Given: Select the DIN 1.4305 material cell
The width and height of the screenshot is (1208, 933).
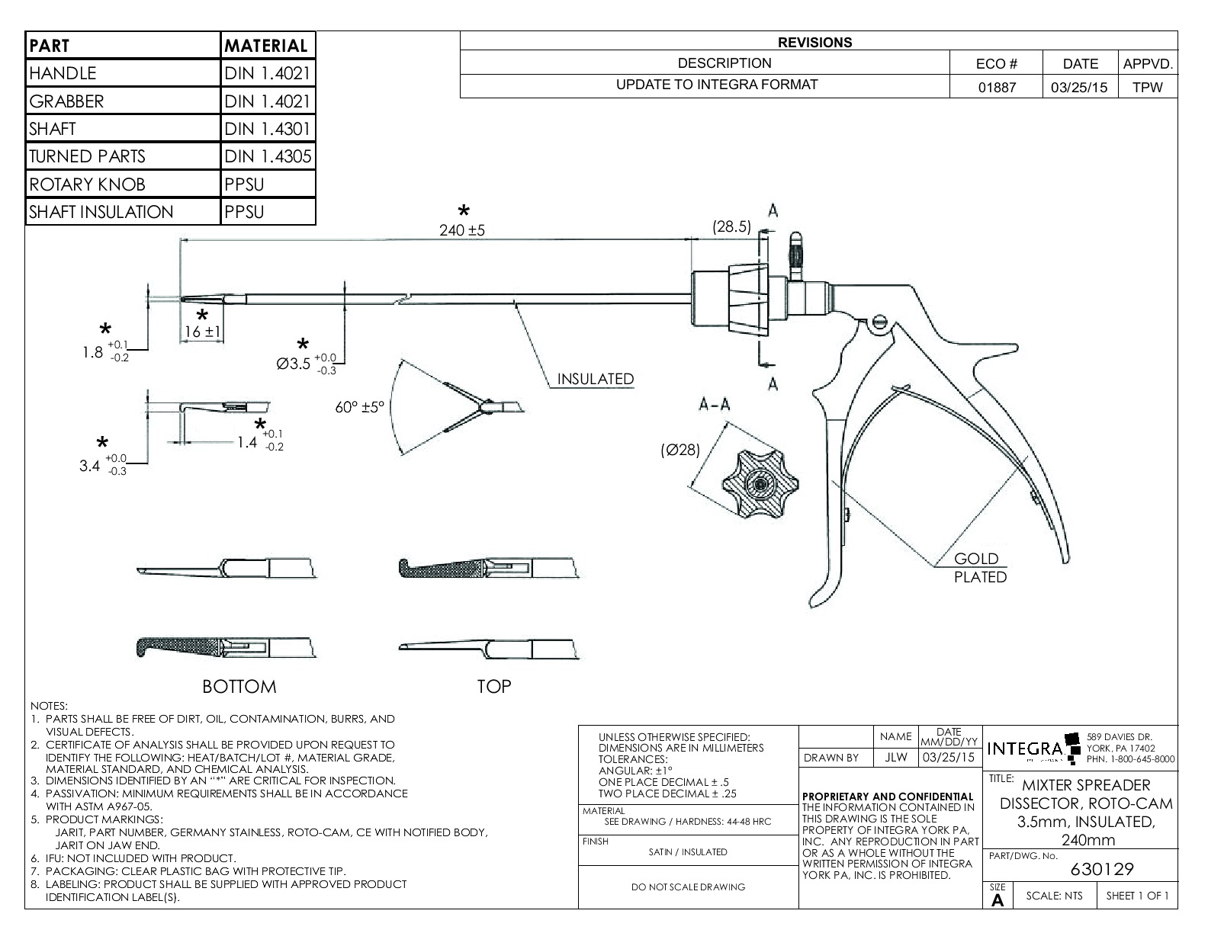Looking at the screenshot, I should coord(268,157).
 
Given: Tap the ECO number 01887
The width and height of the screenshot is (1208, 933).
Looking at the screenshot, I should coord(998,87).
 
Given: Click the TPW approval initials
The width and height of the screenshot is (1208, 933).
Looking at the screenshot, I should coord(1147,87).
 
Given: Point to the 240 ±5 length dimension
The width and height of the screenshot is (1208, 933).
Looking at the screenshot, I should coord(462,229).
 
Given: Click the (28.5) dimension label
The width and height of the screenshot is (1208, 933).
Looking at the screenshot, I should coord(731,226).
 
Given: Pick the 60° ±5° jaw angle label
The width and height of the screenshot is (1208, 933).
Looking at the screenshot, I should coord(361,407).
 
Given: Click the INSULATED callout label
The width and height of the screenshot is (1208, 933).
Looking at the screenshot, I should coord(595,379).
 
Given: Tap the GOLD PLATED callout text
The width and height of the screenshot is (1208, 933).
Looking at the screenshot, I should coord(979,568).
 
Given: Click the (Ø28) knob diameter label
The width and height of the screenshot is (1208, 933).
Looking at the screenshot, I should coord(679,450).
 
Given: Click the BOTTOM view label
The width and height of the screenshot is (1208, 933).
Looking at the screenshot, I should coord(239,687).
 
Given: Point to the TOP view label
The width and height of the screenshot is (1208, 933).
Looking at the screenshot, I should coord(493,687).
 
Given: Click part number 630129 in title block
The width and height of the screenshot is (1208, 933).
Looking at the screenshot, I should coord(1102,869).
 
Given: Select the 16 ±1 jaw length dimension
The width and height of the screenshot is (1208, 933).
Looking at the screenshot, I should coord(202,332).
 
